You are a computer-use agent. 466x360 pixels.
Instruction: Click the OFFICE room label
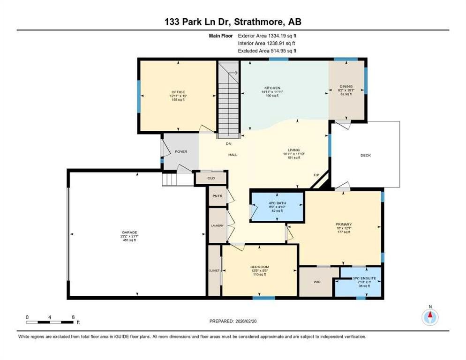click(178, 92)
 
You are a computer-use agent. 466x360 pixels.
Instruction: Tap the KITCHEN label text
click(272, 88)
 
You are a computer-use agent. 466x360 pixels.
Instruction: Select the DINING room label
click(346, 86)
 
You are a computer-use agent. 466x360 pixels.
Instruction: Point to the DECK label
click(365, 155)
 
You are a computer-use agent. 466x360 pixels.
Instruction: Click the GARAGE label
click(130, 232)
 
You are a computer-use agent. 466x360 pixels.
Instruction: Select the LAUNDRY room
click(217, 225)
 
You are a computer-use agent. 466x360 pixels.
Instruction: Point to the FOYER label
click(181, 151)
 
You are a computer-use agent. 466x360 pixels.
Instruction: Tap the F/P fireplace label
click(316, 175)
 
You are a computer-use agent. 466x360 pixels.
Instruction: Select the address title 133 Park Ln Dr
click(233, 22)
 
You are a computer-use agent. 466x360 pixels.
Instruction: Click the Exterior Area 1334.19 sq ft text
click(267, 36)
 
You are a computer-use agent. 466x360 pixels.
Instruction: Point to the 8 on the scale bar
click(73, 317)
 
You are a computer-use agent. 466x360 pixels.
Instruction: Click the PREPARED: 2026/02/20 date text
click(233, 321)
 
